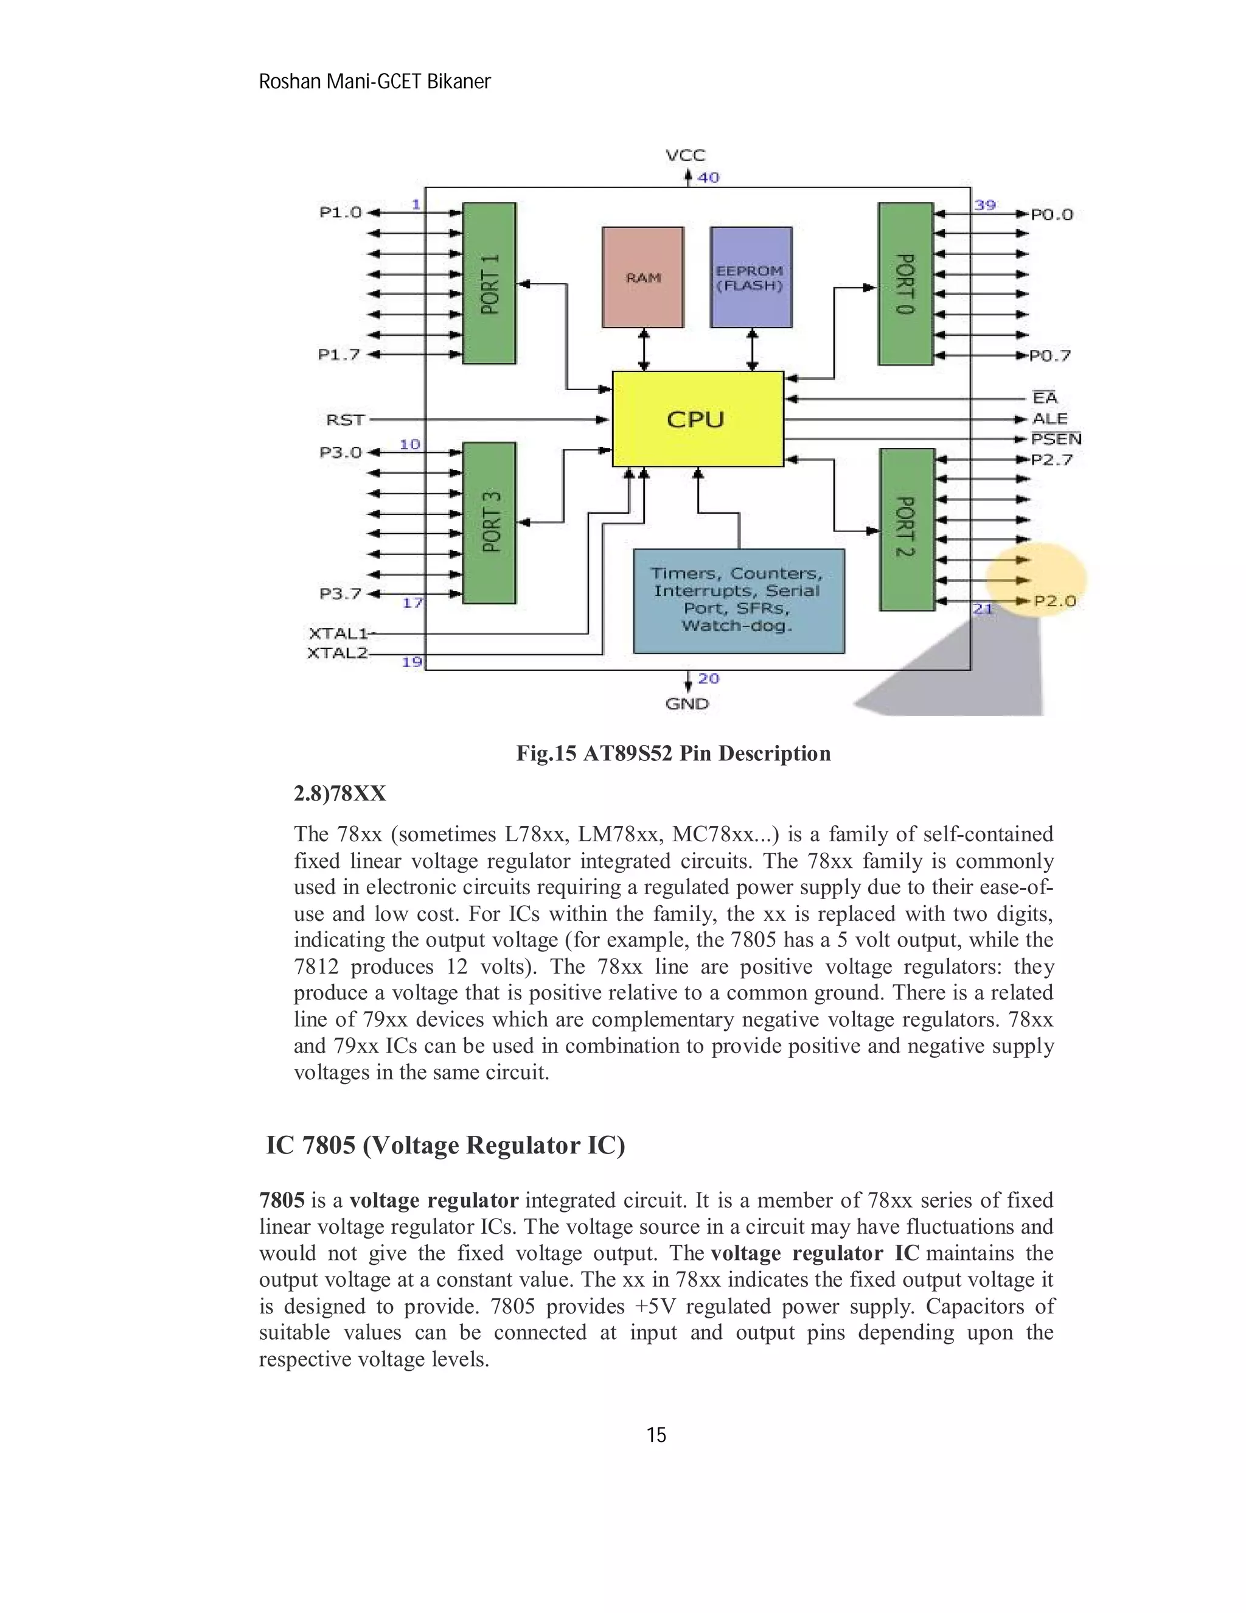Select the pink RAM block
643,277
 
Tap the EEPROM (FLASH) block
751,277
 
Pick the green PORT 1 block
489,284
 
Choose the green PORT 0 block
905,284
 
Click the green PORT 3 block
489,522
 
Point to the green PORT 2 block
907,529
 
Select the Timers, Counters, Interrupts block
738,600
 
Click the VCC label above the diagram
685,155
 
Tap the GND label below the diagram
686,704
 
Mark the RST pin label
345,419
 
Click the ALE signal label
1049,419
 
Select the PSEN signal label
1056,439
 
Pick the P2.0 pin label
1055,601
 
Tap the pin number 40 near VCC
708,177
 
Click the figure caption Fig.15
546,754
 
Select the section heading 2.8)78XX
339,794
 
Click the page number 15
655,1435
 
